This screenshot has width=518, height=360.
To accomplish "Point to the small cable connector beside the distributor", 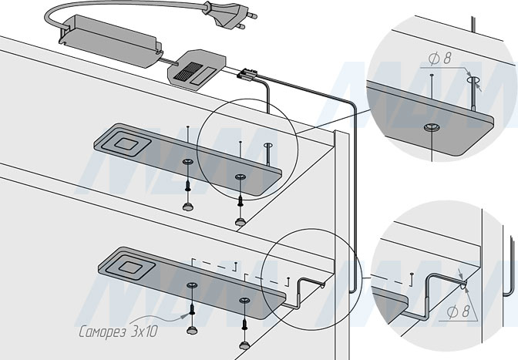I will point(247,74).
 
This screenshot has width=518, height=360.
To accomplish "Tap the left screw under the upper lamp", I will point(187,185).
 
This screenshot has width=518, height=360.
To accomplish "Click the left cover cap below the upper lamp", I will point(187,207).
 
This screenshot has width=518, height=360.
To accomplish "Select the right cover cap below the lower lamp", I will point(244,342).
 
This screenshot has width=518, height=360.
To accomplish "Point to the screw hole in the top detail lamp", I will point(429,125).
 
